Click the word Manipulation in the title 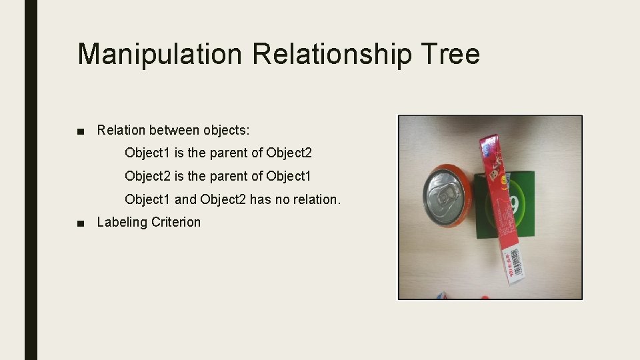[x=159, y=54]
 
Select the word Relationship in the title [x=333, y=54]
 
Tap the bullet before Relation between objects [x=81, y=131]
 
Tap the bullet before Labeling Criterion [x=81, y=223]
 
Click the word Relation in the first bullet [x=121, y=130]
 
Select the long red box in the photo [x=499, y=200]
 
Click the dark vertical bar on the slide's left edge [x=31, y=180]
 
